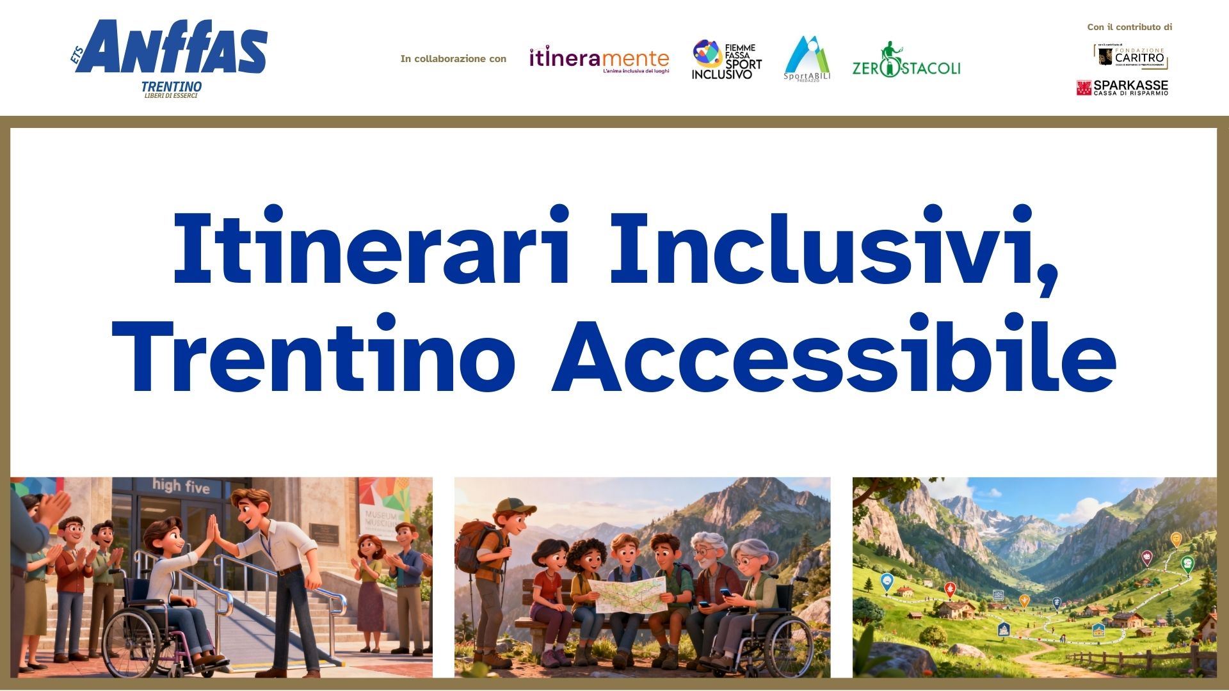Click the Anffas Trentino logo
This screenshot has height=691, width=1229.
(170, 58)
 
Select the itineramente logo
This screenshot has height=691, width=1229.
(598, 60)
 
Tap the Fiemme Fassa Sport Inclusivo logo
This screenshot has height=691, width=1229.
(727, 60)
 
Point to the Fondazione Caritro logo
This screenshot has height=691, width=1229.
(1130, 56)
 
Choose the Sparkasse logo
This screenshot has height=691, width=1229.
(1122, 88)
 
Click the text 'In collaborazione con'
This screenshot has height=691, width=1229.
(453, 59)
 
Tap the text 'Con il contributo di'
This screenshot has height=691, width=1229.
(1129, 27)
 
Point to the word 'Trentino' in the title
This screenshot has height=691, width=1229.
(314, 355)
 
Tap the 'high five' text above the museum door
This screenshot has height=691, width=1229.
(181, 487)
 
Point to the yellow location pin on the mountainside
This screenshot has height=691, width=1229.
(1175, 540)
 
